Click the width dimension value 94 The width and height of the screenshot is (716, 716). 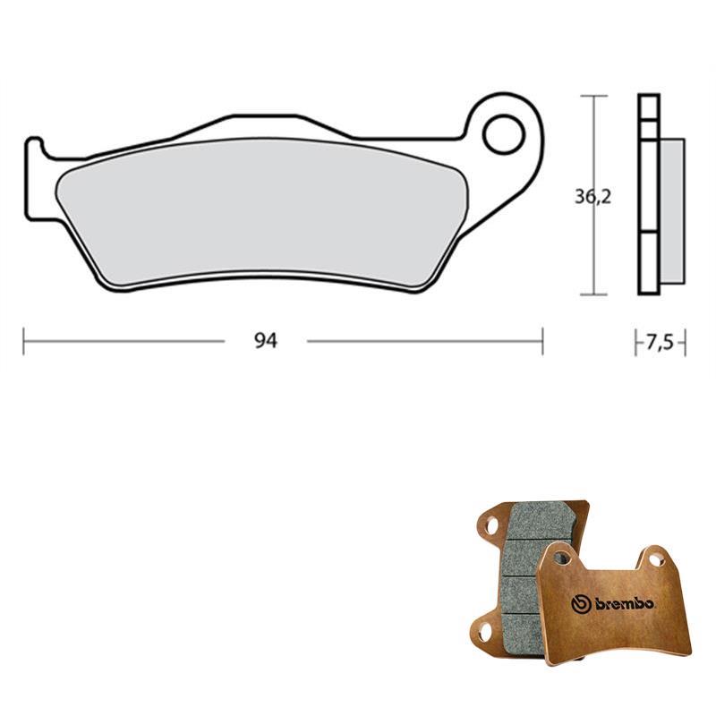click(x=265, y=341)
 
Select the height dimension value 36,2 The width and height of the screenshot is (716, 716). click(x=592, y=197)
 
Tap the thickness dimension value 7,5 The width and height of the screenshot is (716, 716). click(x=660, y=342)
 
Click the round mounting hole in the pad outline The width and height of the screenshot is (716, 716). click(x=504, y=134)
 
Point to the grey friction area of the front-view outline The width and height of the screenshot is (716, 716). click(x=261, y=210)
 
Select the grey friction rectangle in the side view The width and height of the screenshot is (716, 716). click(x=672, y=211)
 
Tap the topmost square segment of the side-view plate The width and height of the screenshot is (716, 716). click(x=649, y=107)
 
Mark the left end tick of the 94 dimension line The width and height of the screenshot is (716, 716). click(x=24, y=341)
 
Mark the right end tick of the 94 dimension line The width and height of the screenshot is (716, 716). click(x=542, y=341)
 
